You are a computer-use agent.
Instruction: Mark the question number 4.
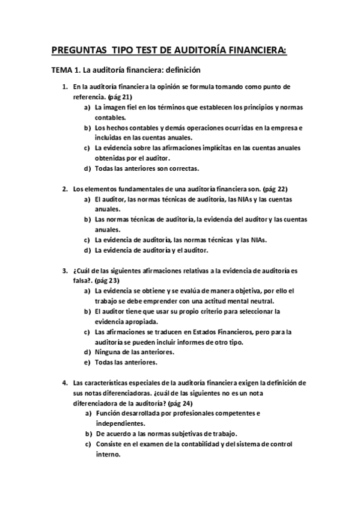(x=66, y=383)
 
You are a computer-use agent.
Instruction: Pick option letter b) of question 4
(x=88, y=434)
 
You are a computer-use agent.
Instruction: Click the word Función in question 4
(x=110, y=414)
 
